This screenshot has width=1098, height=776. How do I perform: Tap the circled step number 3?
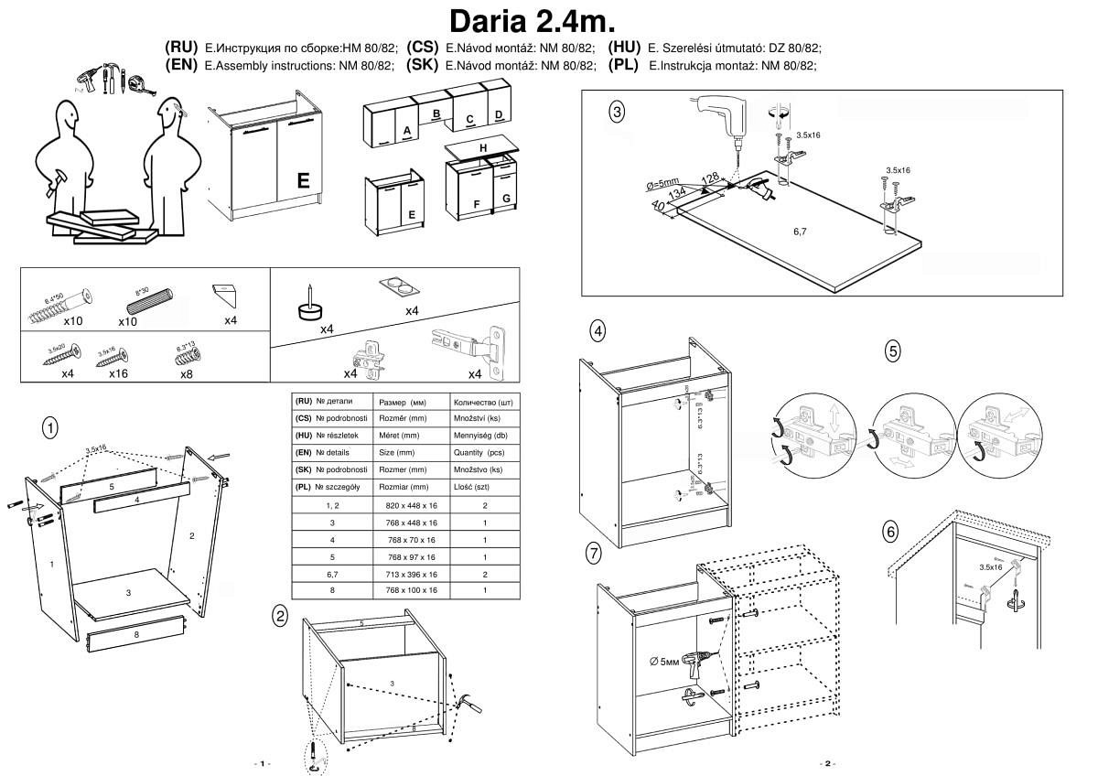coord(618,113)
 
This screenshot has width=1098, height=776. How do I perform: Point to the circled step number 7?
coord(595,553)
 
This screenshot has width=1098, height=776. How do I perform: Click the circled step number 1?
coord(51,427)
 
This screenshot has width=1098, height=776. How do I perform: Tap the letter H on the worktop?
coord(482,147)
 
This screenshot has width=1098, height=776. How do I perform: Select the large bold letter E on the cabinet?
coord(303,181)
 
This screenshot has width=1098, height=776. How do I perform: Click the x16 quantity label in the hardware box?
coord(118,373)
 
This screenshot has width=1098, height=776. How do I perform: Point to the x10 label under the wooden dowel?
coord(127,322)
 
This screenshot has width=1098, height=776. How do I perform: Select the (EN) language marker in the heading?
coord(182,65)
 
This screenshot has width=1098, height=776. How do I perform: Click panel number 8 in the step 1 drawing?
coord(135,634)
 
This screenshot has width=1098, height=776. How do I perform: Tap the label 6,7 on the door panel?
coord(800,232)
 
